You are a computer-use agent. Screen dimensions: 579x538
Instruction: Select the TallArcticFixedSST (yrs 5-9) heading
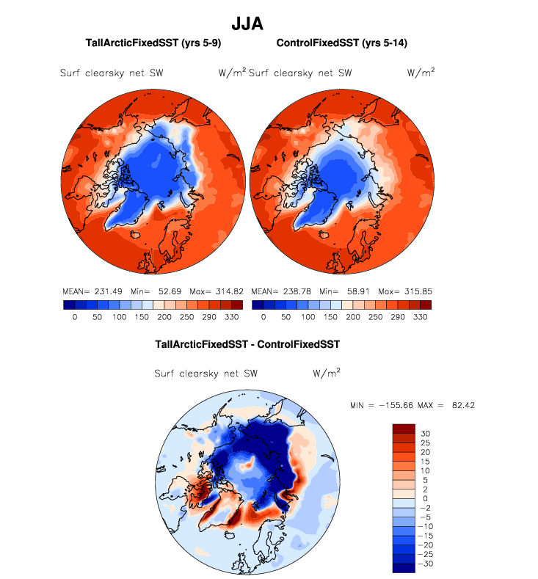(x=153, y=44)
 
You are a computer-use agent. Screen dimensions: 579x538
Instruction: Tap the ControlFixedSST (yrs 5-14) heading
(x=342, y=44)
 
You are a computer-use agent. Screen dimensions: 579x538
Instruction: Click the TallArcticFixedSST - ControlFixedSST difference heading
(x=247, y=343)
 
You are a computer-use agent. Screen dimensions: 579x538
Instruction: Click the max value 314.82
(x=226, y=291)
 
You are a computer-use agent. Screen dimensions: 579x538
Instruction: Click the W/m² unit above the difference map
(x=327, y=373)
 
